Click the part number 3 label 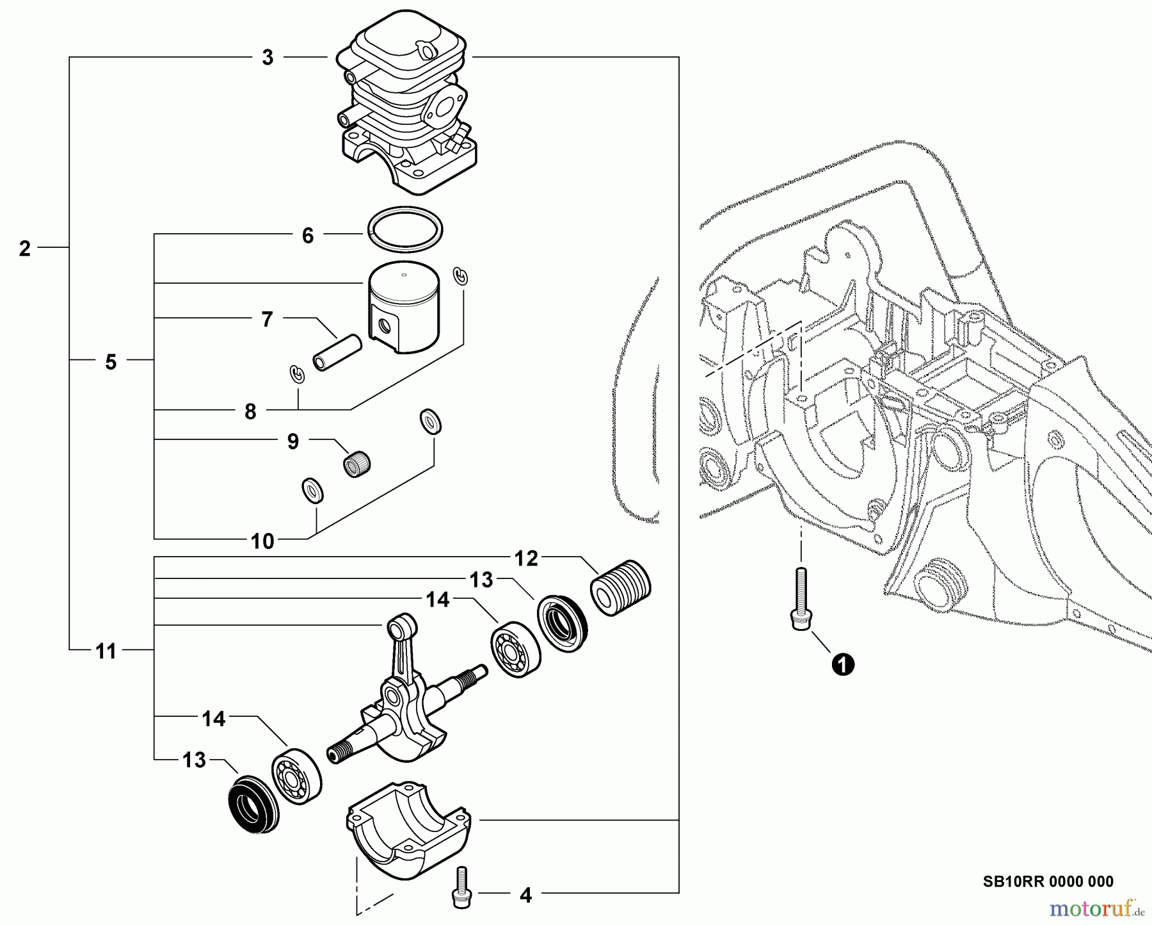tap(268, 58)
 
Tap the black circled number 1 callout tap(843, 664)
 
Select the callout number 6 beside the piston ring tap(308, 236)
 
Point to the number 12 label tap(526, 559)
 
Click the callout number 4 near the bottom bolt tap(525, 895)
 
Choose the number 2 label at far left tap(24, 249)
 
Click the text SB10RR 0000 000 tap(1048, 881)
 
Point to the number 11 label tap(106, 651)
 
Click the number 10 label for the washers tap(262, 541)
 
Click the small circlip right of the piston tap(461, 275)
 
